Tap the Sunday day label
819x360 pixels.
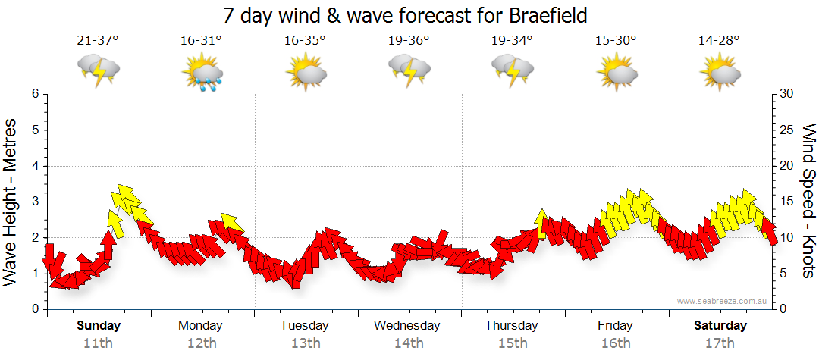point(99,326)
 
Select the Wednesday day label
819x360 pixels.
point(407,326)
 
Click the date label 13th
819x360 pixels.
point(305,343)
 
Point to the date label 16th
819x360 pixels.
point(615,343)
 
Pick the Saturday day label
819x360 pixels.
point(720,326)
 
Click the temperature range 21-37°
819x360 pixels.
point(98,41)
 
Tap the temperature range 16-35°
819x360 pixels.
point(305,41)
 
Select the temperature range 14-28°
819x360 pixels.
point(719,41)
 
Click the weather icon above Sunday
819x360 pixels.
point(99,70)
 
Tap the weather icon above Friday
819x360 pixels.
point(616,72)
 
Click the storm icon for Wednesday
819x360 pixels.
point(409,70)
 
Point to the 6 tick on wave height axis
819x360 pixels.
point(35,94)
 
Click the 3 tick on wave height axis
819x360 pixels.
point(35,202)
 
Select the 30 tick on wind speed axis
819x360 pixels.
point(786,94)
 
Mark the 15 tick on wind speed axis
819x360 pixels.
point(786,202)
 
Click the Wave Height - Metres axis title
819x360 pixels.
point(11,202)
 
